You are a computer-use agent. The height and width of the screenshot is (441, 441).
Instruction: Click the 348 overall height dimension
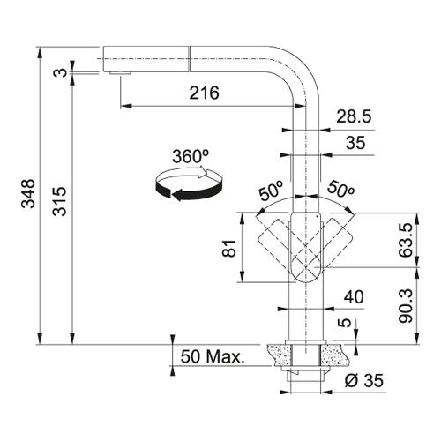[x=28, y=193]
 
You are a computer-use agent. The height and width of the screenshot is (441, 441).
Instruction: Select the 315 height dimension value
[x=59, y=201]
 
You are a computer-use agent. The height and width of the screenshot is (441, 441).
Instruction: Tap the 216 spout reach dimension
[x=204, y=93]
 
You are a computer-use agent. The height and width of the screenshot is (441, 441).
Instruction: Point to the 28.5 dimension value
[x=354, y=116]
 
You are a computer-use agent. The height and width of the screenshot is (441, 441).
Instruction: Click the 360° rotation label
[x=191, y=156]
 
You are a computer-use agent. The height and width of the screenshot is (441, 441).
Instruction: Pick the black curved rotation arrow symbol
[x=189, y=183]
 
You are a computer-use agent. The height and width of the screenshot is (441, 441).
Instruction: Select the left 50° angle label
[x=271, y=191]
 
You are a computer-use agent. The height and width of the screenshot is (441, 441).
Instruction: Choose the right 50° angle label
[x=340, y=189]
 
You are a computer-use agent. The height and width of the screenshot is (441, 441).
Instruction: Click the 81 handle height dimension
[x=229, y=249]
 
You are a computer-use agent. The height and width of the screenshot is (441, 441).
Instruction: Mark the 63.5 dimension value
[x=406, y=240]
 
